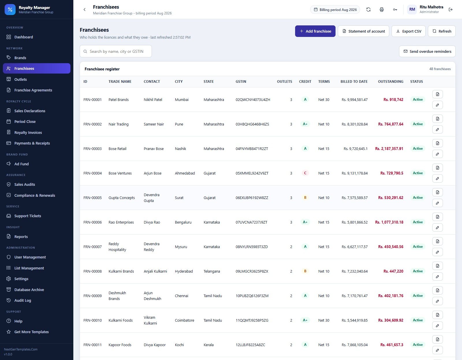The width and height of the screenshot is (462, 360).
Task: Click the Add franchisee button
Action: (x=315, y=31)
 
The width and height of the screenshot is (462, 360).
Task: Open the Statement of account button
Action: (x=363, y=31)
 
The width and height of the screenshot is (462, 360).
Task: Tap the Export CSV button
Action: (x=408, y=31)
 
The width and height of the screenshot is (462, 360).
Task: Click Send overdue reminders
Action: (x=427, y=51)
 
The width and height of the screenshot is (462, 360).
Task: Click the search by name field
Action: (x=116, y=51)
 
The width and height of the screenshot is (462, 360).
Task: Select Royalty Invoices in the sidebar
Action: (x=28, y=132)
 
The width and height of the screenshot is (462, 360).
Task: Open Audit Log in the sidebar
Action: (x=23, y=300)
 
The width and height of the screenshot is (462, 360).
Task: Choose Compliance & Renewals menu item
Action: (x=35, y=195)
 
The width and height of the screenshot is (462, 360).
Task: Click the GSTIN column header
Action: (x=241, y=82)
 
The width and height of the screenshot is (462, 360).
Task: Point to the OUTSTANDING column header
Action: (x=390, y=82)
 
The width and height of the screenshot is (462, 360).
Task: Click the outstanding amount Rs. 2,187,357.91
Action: (x=389, y=149)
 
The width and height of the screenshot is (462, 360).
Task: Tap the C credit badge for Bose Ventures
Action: (x=305, y=173)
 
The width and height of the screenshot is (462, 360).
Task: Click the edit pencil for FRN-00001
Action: (x=437, y=105)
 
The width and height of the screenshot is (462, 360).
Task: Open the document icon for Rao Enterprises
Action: (x=437, y=217)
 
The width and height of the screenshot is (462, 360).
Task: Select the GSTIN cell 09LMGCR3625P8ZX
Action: (x=252, y=271)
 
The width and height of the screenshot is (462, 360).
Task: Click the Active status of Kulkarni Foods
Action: (x=418, y=320)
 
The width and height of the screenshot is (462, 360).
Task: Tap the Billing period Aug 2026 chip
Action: (x=335, y=10)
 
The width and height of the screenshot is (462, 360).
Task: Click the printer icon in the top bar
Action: (x=382, y=10)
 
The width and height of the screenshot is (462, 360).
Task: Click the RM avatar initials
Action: (x=412, y=10)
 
